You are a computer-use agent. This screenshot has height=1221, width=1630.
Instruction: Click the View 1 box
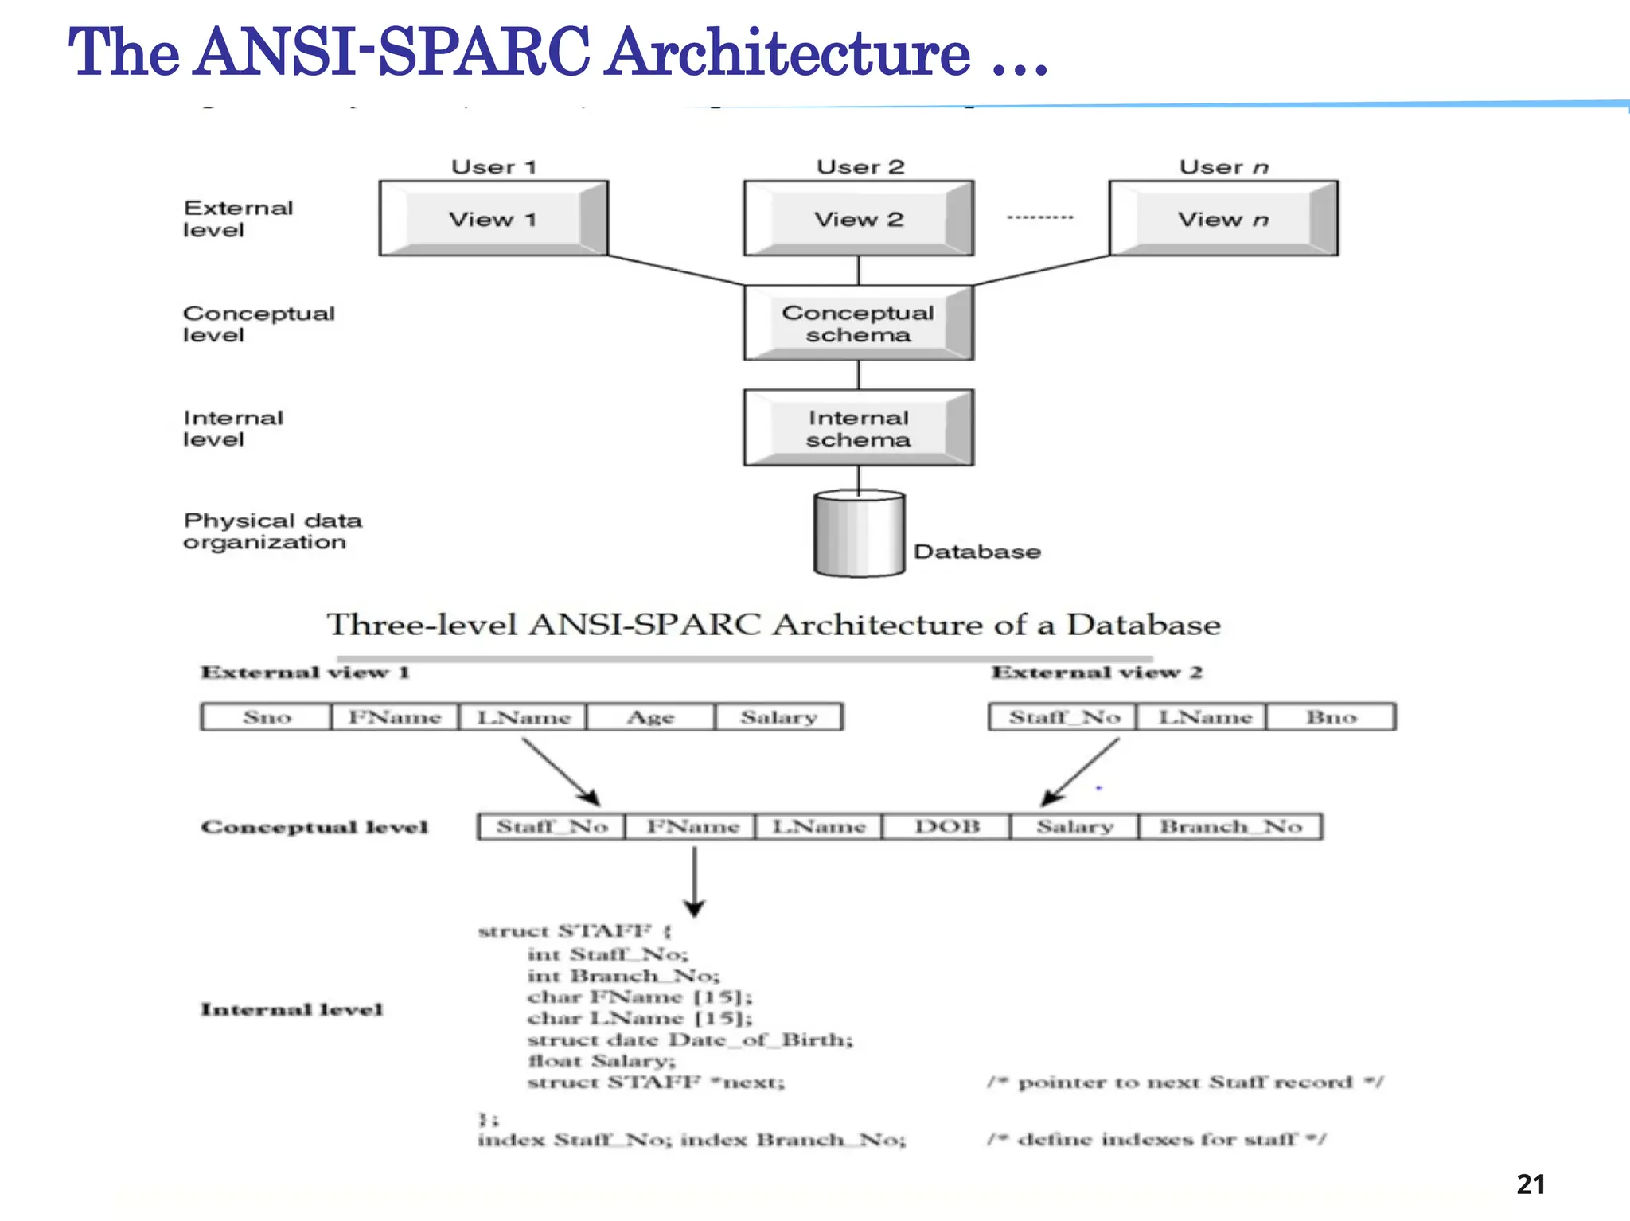pos(493,219)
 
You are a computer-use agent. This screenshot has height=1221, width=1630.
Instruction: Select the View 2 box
pos(858,219)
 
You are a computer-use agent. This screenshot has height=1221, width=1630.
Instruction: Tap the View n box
pos(1223,219)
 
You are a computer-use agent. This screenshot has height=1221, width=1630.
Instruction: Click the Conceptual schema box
pos(858,323)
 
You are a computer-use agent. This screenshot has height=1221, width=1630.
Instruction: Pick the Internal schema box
pos(858,428)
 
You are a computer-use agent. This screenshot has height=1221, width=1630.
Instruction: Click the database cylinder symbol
pos(859,534)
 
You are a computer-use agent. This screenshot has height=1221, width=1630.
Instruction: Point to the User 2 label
pos(860,167)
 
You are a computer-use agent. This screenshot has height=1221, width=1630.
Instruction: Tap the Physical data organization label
pos(271,531)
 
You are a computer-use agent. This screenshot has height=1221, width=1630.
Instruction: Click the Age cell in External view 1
pos(650,717)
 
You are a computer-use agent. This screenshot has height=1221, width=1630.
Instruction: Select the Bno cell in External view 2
pos(1331,717)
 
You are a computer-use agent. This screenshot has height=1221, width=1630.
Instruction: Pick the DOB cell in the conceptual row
pos(946,827)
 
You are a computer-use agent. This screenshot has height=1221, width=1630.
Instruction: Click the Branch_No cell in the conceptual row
pos(1230,827)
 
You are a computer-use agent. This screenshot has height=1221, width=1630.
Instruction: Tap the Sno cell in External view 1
pos(267,717)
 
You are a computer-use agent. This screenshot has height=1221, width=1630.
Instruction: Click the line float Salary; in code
pos(602,1061)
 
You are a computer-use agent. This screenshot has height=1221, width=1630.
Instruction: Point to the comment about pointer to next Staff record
pos(1185,1083)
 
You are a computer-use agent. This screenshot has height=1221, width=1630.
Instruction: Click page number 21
pos(1530,1184)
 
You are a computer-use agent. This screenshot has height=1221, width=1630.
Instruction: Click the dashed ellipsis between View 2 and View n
pos(1039,217)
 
